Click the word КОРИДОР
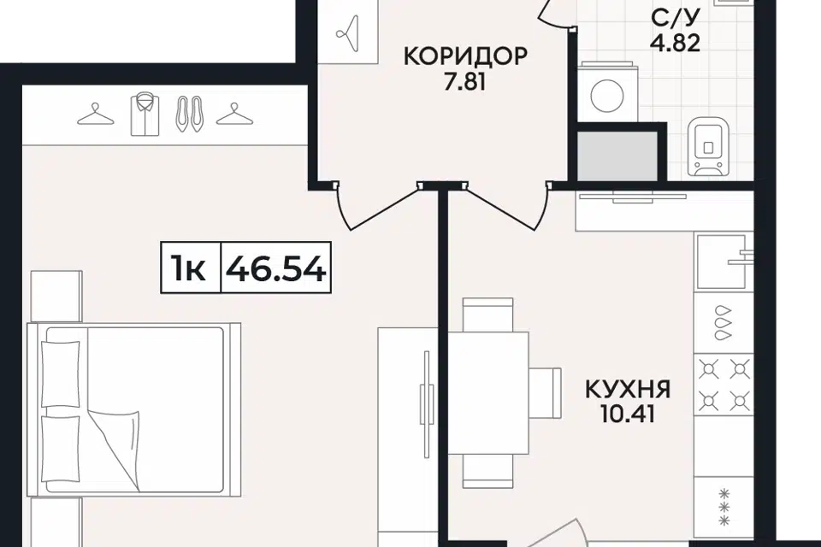point(465,56)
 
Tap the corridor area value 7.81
point(464,83)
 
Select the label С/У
point(675,19)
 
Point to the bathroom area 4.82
point(675,44)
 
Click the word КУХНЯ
point(627,390)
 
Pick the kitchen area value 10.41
point(627,415)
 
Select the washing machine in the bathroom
point(608,92)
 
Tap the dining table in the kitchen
point(488,392)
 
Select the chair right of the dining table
point(545,392)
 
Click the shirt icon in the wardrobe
point(145,115)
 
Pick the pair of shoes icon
point(188,113)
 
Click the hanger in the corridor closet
point(348,33)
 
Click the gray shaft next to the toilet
point(617,156)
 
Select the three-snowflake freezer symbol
point(724,505)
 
